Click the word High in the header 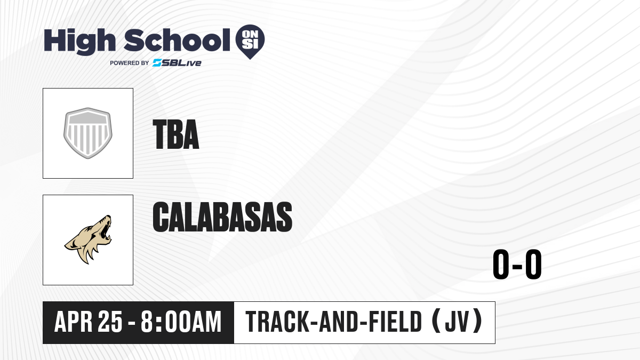(x=80, y=42)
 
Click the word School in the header (x=177, y=41)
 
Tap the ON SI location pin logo (x=250, y=42)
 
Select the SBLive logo (x=177, y=63)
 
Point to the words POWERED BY (x=130, y=63)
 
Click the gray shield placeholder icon (x=88, y=133)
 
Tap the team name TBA (x=176, y=134)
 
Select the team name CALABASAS (x=222, y=217)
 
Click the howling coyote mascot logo (x=88, y=239)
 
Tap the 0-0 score (x=517, y=265)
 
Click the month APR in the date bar (x=74, y=322)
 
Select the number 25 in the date (x=110, y=322)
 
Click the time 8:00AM (x=181, y=322)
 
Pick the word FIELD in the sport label (x=395, y=322)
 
